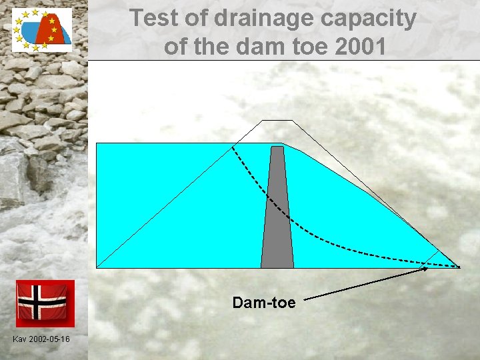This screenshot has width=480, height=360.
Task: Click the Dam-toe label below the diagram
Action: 263,303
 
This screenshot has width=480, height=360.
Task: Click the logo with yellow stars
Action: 42,30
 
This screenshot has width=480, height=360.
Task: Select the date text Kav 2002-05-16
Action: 41,340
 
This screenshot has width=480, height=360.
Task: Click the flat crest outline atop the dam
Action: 277,121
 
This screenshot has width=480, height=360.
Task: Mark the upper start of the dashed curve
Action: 233,147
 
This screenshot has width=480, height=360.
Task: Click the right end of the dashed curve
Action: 459,267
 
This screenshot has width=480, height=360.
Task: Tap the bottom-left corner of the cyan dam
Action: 98,267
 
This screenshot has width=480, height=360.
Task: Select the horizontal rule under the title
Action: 283,60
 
